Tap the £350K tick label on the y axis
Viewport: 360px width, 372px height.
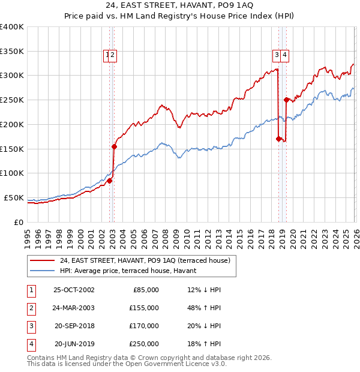pyautogui.click(x=12, y=51)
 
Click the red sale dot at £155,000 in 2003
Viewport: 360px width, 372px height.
pyautogui.click(x=114, y=146)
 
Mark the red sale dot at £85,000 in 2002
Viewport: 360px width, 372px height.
pyautogui.click(x=110, y=180)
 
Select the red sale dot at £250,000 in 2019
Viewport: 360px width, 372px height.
pyautogui.click(x=286, y=100)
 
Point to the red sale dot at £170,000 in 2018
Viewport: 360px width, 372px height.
pyautogui.click(x=278, y=139)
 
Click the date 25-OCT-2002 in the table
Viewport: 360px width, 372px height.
pyautogui.click(x=74, y=290)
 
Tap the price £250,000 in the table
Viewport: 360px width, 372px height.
pyautogui.click(x=143, y=344)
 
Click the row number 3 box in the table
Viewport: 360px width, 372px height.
pyautogui.click(x=30, y=326)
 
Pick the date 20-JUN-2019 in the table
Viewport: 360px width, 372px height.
pyautogui.click(x=74, y=344)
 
